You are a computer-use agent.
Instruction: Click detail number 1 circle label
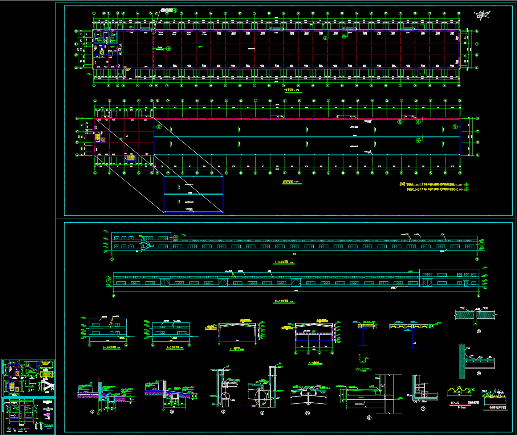point(92,412)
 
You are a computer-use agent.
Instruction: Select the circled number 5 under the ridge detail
point(308,413)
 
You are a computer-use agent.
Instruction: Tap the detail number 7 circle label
point(423,409)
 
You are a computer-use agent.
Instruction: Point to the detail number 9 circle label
point(479,373)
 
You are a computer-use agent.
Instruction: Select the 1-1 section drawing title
point(236,349)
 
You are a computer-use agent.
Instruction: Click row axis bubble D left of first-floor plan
point(76,31)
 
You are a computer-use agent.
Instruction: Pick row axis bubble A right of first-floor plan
point(477,68)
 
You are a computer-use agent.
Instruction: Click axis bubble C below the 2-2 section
point(319,353)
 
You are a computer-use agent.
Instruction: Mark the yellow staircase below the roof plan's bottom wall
point(130,158)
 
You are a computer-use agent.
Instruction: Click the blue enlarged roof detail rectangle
point(193,194)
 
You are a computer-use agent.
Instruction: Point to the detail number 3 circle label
point(223,411)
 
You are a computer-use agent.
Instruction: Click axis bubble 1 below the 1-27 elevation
point(112,259)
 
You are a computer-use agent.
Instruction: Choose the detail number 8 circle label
point(479,331)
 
